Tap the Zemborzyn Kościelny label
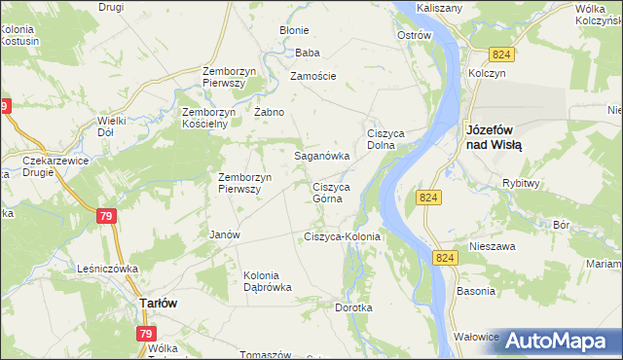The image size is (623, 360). pos(209,118)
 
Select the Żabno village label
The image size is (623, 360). pos(269,112)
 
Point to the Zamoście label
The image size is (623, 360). pos(312,76)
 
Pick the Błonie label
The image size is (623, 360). pos(294,30)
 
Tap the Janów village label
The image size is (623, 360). pos(225,234)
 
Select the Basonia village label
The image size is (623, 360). pos(475,291)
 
